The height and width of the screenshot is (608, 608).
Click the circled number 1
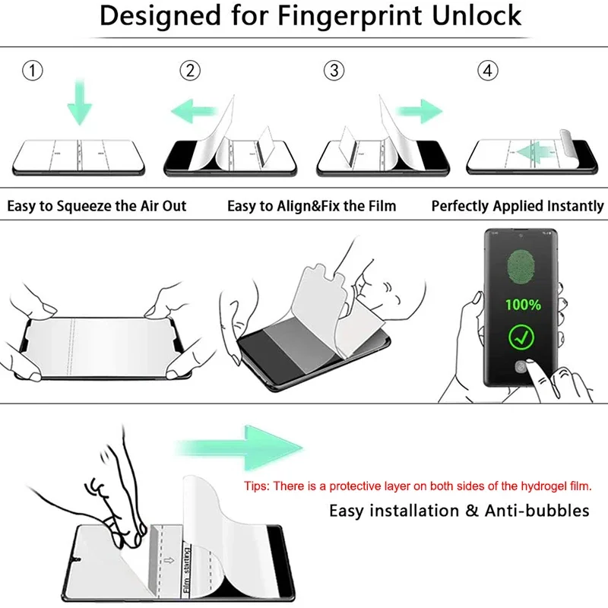[32, 71]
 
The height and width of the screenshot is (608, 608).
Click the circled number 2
[190, 71]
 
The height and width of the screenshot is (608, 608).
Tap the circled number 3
[334, 71]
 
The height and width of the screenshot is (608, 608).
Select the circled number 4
[488, 71]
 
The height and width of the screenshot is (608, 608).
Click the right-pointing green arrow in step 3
[421, 112]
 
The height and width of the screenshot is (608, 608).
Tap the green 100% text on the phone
[524, 305]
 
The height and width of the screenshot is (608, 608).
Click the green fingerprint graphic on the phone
[524, 263]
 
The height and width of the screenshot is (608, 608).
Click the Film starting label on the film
[186, 564]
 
